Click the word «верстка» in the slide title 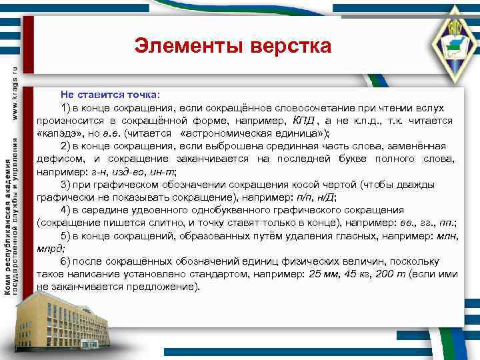(x=291, y=46)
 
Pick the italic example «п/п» (x=305, y=197)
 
